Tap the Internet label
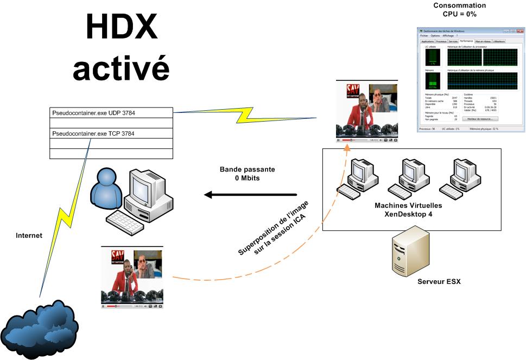click(x=29, y=236)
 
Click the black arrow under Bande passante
click(x=250, y=194)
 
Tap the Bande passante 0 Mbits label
click(x=247, y=174)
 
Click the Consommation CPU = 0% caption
click(x=459, y=10)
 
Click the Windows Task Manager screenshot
click(x=470, y=79)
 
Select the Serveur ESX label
click(x=439, y=282)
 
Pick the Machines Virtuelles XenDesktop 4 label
click(x=408, y=210)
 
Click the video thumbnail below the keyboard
click(x=132, y=277)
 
